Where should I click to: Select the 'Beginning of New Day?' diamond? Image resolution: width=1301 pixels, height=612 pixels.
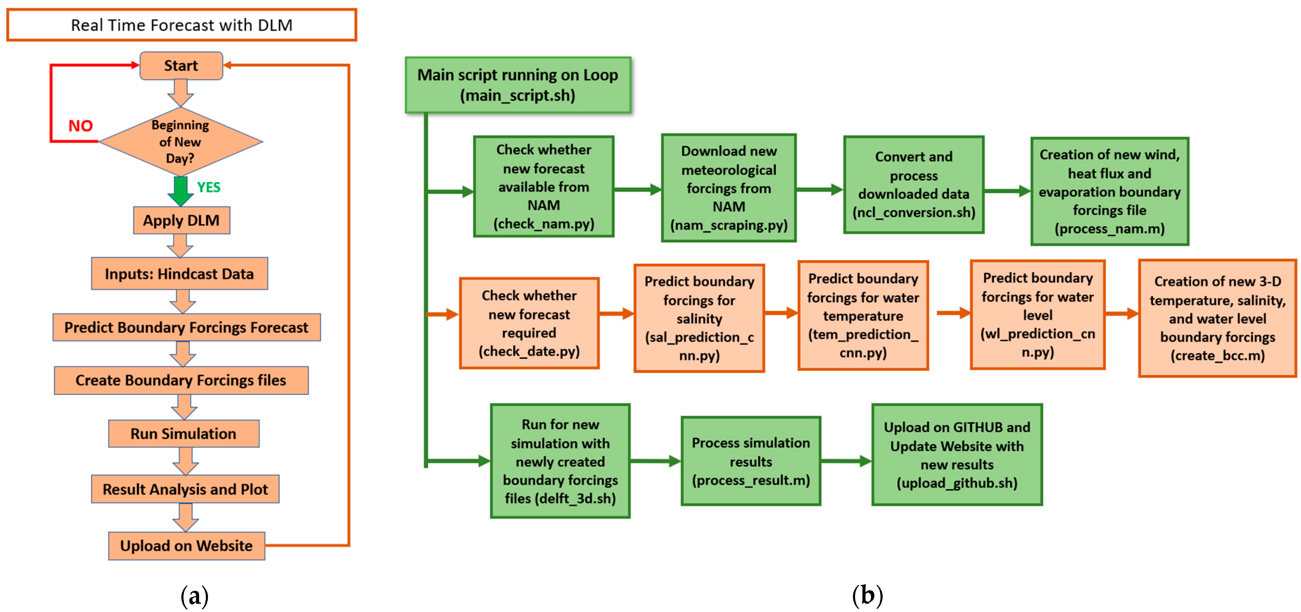coord(181,141)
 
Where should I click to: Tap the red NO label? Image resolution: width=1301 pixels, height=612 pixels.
coord(81,126)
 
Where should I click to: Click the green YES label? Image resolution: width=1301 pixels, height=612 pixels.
coord(209,187)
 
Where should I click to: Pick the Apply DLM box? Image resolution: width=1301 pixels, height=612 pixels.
coord(181,220)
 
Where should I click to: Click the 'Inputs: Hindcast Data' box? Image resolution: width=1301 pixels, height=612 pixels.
coord(179,274)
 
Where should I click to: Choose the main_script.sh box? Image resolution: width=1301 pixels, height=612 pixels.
coord(518,85)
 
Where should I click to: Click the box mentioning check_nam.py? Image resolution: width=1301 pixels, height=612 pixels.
coord(543,186)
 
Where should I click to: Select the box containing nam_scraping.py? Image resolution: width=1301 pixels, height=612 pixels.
coord(729,188)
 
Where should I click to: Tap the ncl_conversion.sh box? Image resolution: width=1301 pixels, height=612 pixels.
coord(914,185)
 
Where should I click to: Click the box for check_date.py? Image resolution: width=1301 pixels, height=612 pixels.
coord(529,323)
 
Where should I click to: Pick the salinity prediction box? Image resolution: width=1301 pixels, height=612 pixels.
coord(699,318)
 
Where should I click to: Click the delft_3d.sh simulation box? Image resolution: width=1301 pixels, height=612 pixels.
coord(560,461)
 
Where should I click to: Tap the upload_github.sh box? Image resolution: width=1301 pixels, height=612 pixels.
coord(957,454)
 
